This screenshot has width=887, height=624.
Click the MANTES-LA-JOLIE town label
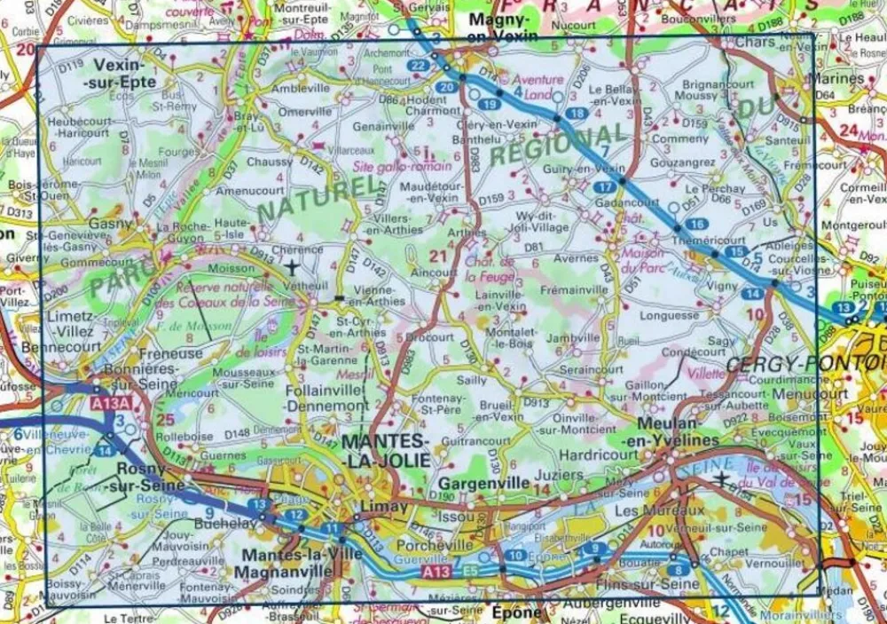pos(385,450)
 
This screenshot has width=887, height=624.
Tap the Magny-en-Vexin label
pos(501,26)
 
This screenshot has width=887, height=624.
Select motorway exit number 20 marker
pos(448,87)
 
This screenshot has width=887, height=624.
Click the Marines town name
pos(838,79)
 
